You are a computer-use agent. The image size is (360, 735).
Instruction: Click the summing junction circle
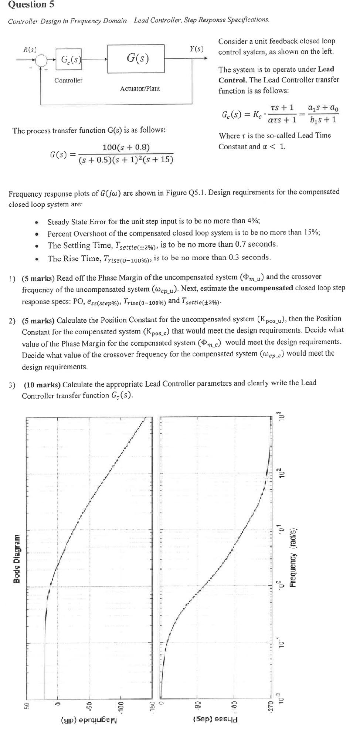pos(43,59)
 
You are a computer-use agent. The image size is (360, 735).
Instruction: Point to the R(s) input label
pos(30,49)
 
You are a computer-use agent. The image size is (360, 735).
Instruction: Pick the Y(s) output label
pos(197,49)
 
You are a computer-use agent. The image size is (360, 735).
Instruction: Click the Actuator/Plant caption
pos(140,89)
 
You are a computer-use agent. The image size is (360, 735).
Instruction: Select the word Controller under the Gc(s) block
pos(68,81)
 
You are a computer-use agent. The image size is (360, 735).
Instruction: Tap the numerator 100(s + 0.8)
pos(126,148)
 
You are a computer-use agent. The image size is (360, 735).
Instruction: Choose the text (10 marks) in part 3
pos(42,384)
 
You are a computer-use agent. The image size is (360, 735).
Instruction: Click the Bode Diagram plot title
pos(16,558)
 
